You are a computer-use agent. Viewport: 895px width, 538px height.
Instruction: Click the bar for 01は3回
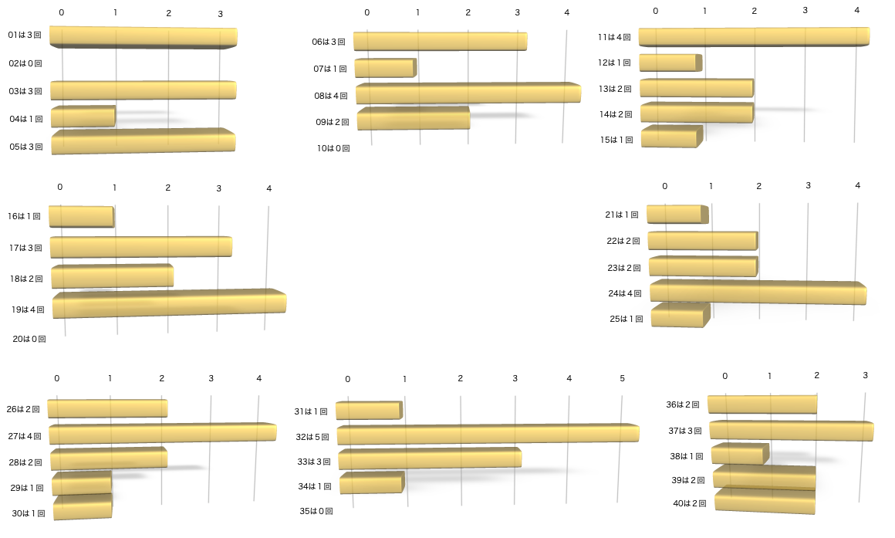[143, 37]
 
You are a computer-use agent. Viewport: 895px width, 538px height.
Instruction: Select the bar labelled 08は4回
[468, 93]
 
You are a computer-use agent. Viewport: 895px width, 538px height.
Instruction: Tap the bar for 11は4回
[754, 36]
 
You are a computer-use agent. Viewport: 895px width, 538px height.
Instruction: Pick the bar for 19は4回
[169, 304]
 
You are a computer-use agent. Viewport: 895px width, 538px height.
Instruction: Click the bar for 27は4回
[162, 434]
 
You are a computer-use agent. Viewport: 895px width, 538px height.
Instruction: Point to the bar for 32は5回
[488, 435]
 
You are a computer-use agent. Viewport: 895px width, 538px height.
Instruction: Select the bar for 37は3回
[791, 431]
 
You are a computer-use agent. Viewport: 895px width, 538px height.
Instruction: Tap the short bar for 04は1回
[83, 117]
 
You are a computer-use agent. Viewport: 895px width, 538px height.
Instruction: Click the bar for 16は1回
[81, 216]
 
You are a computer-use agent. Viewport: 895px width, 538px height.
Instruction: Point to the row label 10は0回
[333, 147]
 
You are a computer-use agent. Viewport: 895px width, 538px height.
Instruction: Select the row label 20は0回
[29, 338]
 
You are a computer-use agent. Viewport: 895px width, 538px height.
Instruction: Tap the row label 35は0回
[316, 511]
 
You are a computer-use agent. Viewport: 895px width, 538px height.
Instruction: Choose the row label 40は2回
[689, 504]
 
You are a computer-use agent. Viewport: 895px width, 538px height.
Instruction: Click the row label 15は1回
[616, 140]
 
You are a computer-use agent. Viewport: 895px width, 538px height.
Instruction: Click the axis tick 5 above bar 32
[622, 378]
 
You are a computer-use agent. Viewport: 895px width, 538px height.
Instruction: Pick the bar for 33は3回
[430, 458]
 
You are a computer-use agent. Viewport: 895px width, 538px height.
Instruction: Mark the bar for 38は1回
[740, 454]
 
